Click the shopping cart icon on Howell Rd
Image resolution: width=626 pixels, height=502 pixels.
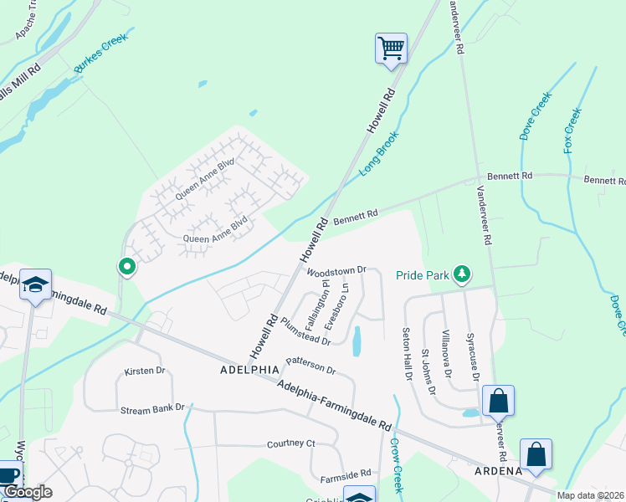tap(391, 48)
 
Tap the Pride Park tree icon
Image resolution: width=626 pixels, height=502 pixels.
tap(461, 274)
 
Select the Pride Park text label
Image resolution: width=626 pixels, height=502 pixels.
tap(420, 274)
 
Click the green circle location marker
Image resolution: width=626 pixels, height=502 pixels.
tap(127, 267)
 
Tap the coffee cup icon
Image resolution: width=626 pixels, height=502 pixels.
tap(8, 474)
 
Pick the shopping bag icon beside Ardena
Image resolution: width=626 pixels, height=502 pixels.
tap(536, 455)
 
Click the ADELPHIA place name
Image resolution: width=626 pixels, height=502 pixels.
tap(249, 369)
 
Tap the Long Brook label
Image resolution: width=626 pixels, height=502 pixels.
tap(380, 153)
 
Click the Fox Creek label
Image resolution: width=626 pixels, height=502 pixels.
tap(572, 130)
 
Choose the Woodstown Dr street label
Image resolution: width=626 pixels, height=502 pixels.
tap(337, 271)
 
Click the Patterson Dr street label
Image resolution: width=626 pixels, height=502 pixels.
tap(310, 365)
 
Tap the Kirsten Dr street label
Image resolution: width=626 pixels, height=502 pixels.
tap(146, 371)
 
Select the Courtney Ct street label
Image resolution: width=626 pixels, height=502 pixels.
tap(290, 443)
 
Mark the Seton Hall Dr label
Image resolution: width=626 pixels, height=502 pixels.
tap(408, 352)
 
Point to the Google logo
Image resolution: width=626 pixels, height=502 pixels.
tap(27, 492)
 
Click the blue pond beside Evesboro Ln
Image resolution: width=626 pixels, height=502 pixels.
tap(357, 341)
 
